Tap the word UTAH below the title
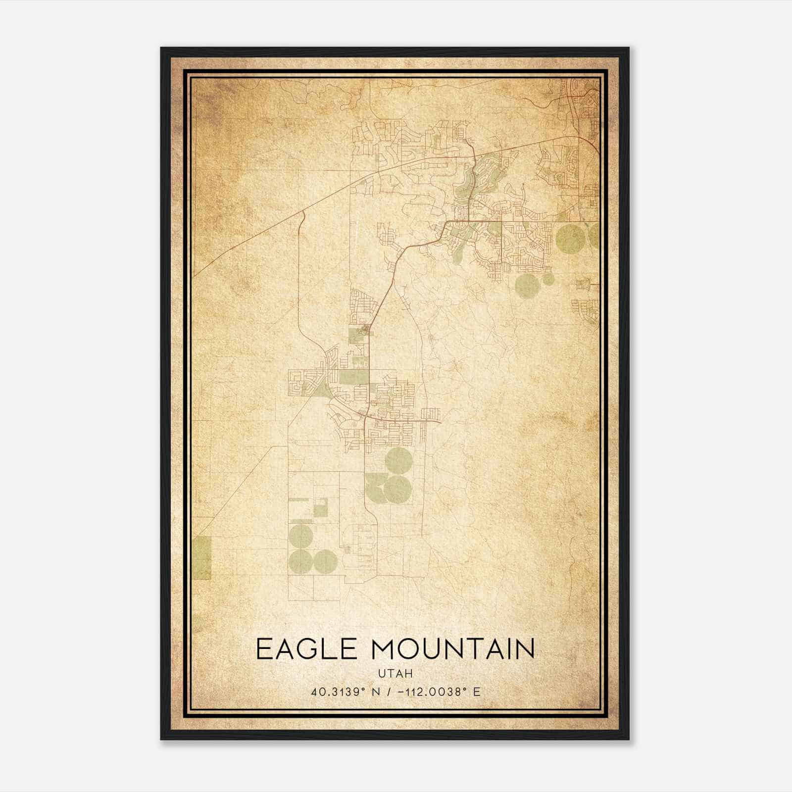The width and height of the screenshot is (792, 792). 396,673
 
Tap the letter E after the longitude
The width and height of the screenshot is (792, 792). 477,692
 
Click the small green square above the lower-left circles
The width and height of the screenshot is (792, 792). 320,508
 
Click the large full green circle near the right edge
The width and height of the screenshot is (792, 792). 570,238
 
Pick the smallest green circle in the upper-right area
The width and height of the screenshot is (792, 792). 548,279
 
